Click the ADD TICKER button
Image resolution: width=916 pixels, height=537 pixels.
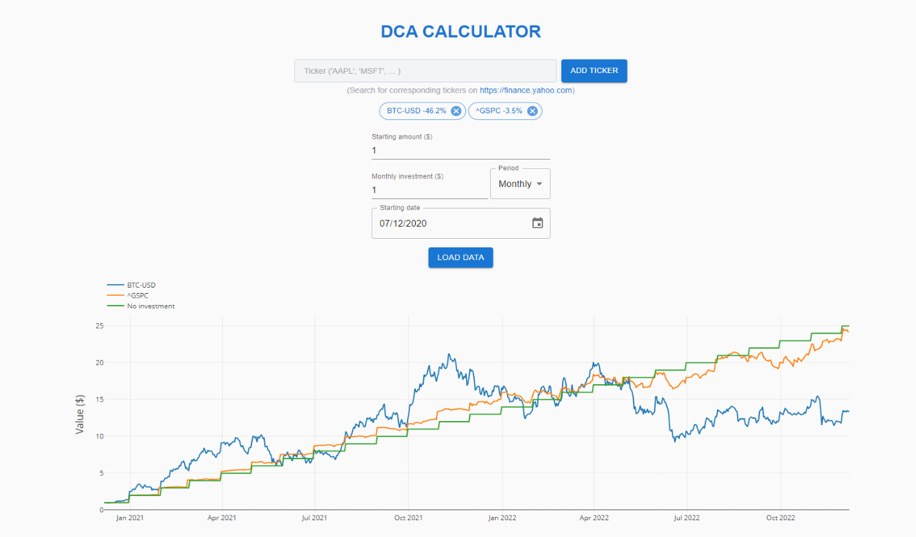pos(594,70)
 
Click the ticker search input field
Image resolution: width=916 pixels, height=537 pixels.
pos(425,71)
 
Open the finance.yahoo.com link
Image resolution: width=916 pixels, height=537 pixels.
pos(526,90)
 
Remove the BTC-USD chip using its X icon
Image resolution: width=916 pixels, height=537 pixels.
pos(456,111)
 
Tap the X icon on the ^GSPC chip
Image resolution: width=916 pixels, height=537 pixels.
pos(532,111)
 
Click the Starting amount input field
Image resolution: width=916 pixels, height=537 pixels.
pos(461,150)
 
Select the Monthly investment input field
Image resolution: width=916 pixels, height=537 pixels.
pos(429,190)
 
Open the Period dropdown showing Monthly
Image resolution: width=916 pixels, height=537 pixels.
pos(520,184)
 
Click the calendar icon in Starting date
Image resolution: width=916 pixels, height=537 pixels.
pos(537,223)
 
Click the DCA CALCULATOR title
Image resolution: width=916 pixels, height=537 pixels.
pos(461,32)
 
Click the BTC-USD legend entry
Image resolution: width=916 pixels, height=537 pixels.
pos(141,285)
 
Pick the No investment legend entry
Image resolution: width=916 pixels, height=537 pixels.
pos(150,306)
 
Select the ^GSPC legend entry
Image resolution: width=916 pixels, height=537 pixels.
pos(137,296)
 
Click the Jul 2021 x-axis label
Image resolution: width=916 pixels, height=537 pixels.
pos(314,518)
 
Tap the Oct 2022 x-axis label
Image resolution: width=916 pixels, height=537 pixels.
pos(781,518)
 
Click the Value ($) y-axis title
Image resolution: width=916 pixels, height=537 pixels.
pos(80,414)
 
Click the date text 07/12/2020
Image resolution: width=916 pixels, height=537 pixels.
pos(403,223)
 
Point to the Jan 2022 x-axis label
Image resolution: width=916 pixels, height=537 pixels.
pos(502,518)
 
